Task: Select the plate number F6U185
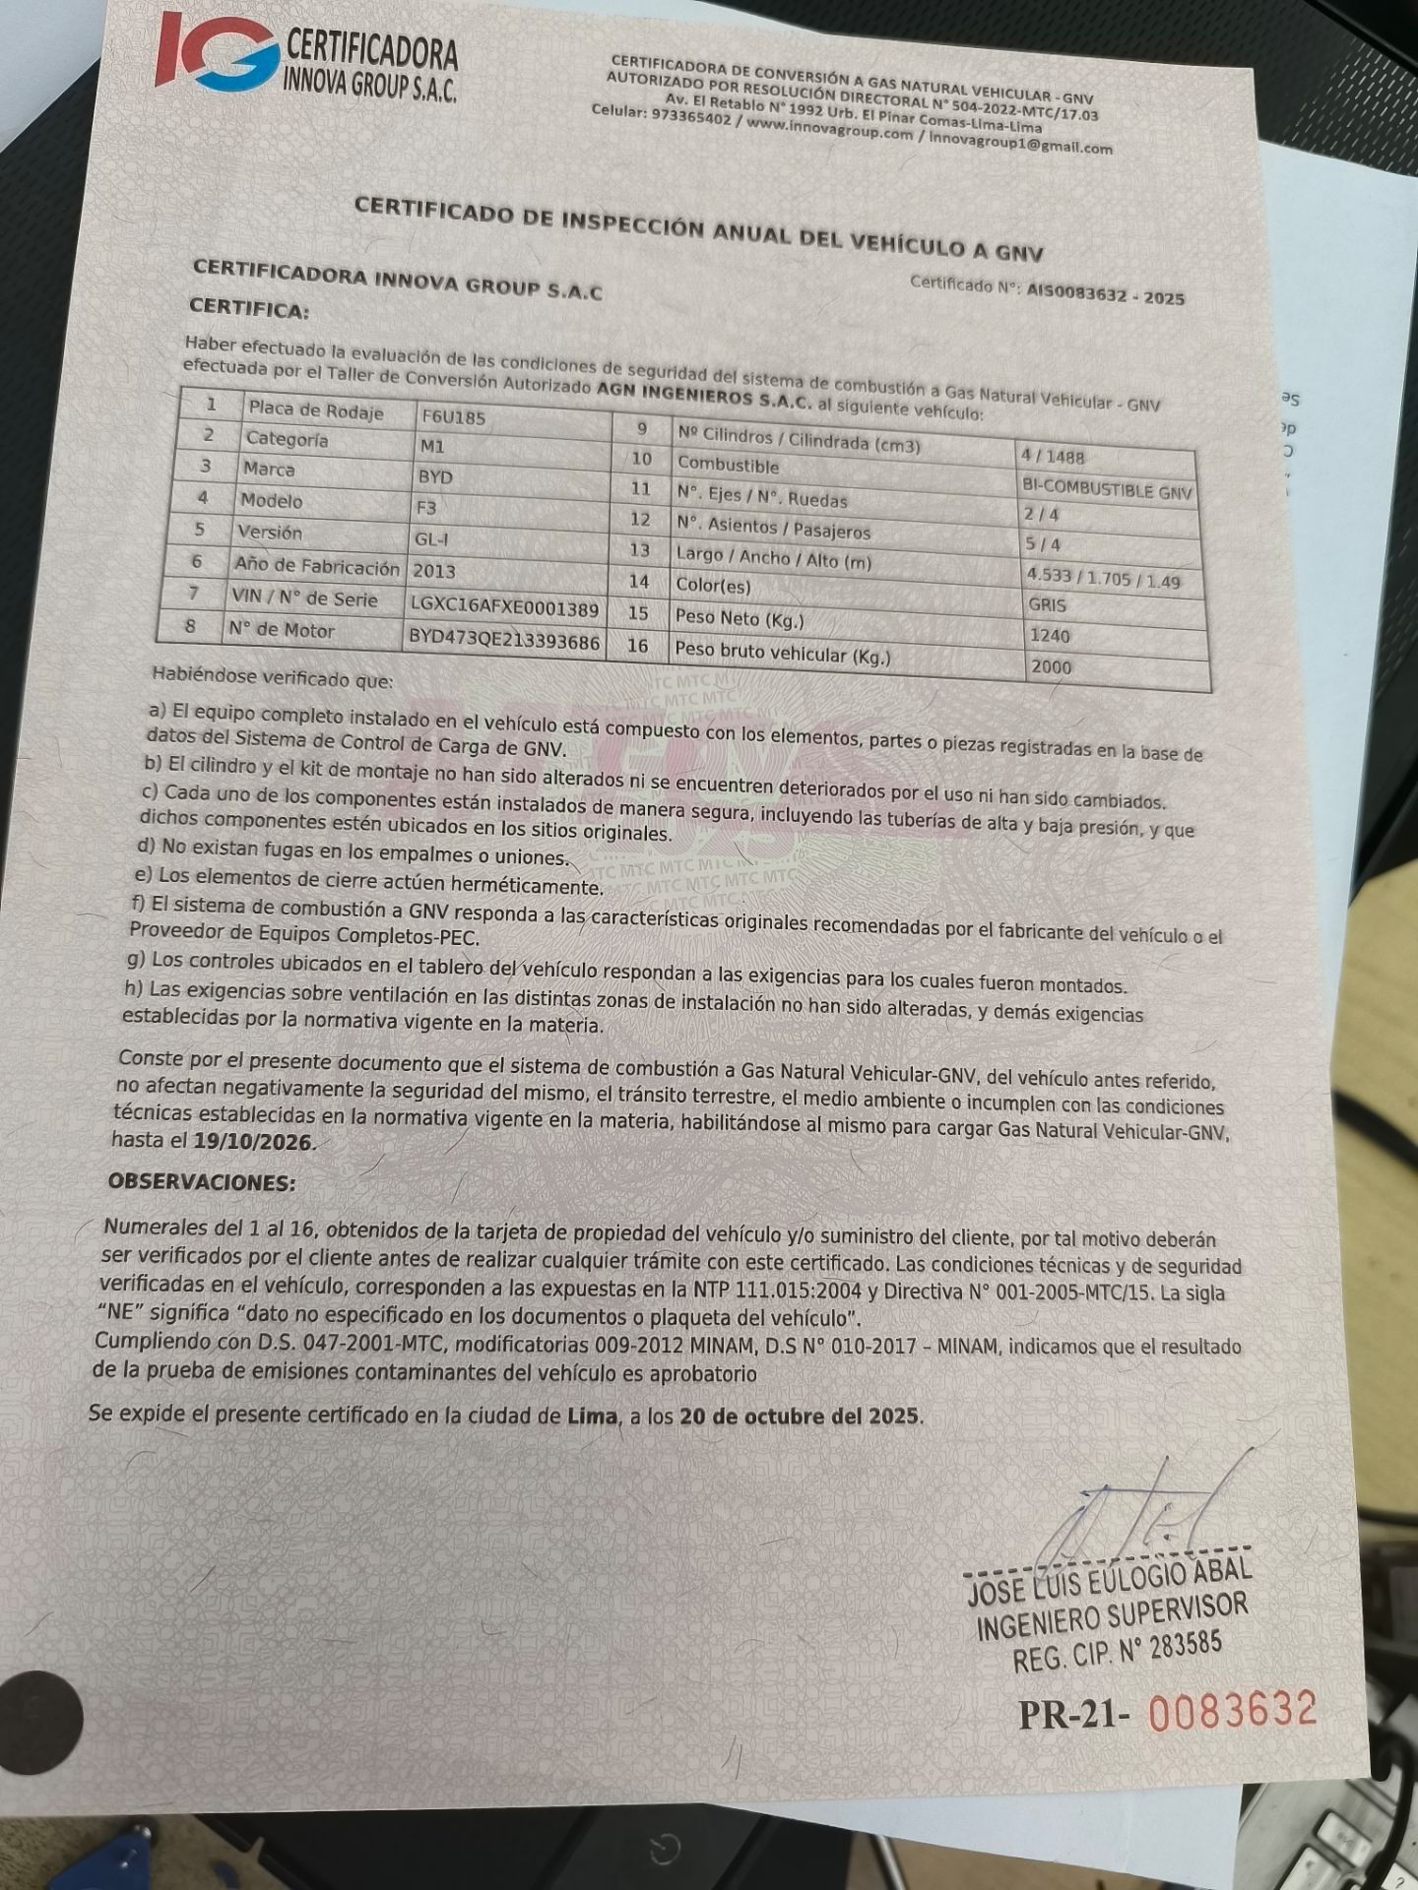click(x=453, y=417)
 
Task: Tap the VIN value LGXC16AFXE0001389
click(x=503, y=607)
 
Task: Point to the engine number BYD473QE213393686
click(x=503, y=640)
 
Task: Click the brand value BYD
click(x=435, y=476)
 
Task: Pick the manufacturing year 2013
click(x=434, y=570)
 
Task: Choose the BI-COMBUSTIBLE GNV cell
click(x=1107, y=489)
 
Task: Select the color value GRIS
click(x=1047, y=603)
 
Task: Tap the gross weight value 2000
click(x=1051, y=666)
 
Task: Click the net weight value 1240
click(x=1050, y=635)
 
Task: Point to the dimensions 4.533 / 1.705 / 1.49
click(x=1103, y=578)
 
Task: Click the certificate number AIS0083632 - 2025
click(x=1105, y=293)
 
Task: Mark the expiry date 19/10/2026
click(x=254, y=1143)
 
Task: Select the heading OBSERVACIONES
click(x=202, y=1181)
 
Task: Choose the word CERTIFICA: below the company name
click(x=249, y=309)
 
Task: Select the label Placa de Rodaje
click(x=316, y=410)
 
